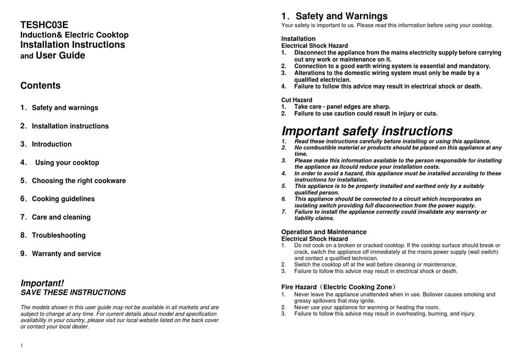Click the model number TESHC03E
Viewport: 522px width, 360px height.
(45, 25)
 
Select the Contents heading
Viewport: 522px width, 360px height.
(41, 86)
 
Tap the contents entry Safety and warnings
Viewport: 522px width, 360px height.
(65, 108)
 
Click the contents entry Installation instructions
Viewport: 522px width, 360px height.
(70, 126)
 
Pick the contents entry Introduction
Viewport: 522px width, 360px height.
(52, 145)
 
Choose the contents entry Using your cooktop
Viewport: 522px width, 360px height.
(67, 163)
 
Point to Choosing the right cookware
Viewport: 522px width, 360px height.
(79, 181)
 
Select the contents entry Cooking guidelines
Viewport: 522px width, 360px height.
(63, 199)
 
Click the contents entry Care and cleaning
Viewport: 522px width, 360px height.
(61, 217)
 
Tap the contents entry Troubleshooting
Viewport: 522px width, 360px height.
(59, 235)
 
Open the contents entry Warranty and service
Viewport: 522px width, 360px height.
(66, 254)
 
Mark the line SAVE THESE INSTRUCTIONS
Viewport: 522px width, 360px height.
(73, 292)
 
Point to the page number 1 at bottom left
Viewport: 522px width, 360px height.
(22, 345)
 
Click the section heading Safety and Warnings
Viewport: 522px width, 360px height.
(341, 16)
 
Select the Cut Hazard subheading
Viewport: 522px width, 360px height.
(297, 100)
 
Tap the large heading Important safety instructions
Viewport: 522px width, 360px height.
(367, 131)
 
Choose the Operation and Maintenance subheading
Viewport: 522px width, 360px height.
(324, 232)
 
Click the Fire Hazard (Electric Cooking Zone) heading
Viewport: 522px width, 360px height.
(338, 287)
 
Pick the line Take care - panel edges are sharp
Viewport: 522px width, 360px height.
(342, 107)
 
